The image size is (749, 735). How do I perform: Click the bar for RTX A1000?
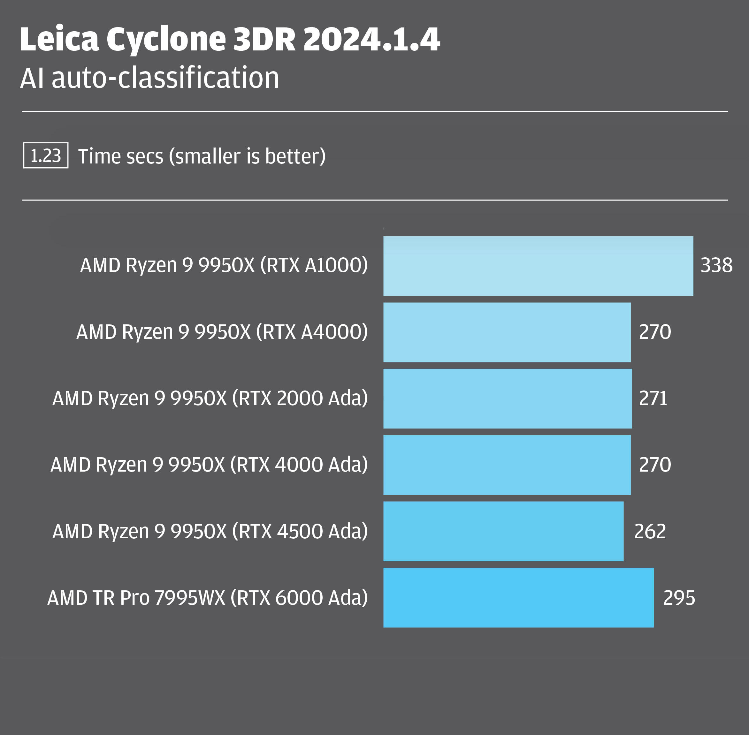click(538, 266)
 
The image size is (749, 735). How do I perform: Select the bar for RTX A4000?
click(507, 332)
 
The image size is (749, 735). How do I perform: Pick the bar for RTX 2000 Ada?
click(507, 399)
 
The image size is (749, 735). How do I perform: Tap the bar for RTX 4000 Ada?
click(507, 465)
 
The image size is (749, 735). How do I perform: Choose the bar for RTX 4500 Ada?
click(503, 531)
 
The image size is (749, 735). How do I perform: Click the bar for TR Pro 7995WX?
click(518, 598)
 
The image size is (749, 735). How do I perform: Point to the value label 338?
click(716, 266)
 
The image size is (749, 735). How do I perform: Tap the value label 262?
click(650, 532)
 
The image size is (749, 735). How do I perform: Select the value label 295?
click(679, 598)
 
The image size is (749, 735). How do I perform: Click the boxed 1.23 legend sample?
click(46, 155)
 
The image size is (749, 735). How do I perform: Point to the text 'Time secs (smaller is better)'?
click(202, 156)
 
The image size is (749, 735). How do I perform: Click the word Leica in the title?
click(59, 39)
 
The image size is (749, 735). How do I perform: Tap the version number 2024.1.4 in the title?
click(371, 39)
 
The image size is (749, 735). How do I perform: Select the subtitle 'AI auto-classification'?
click(149, 78)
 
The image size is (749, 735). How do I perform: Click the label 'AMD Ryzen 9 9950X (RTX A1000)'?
click(224, 266)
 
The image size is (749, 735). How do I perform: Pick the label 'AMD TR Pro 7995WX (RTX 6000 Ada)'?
click(207, 598)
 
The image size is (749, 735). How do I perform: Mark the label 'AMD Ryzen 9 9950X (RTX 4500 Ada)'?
click(210, 532)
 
